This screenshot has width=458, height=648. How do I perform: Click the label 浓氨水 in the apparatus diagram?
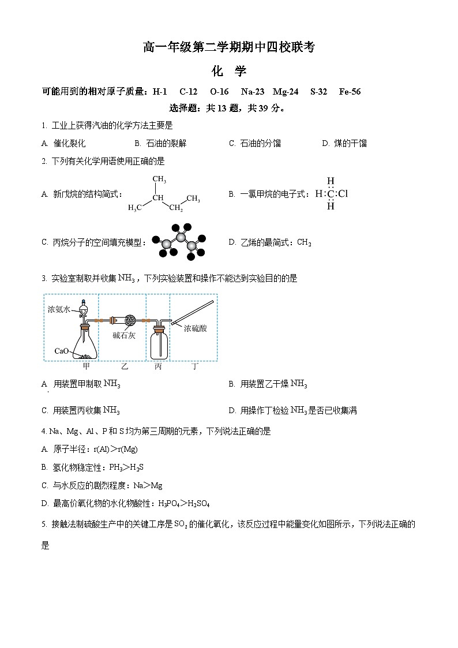click(59, 309)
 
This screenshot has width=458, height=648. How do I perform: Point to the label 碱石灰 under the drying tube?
click(124, 335)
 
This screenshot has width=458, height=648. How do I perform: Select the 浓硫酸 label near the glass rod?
click(196, 328)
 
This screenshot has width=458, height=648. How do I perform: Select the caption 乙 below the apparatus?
click(125, 366)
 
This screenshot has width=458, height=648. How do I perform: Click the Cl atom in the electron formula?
click(343, 194)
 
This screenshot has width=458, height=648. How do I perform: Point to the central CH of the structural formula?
click(158, 198)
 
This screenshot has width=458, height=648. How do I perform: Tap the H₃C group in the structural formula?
click(135, 208)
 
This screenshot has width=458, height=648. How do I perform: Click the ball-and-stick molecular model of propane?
click(179, 242)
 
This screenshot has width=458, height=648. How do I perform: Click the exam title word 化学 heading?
click(229, 71)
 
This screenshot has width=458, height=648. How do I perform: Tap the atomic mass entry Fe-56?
click(350, 92)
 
